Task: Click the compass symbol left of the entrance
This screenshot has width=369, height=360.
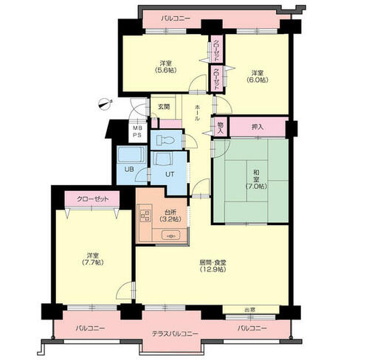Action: coord(106,103)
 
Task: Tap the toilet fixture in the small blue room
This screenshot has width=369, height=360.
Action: coord(165,140)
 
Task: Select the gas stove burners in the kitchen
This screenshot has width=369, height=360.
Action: coord(145,216)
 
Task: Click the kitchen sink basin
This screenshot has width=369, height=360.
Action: coord(170,236)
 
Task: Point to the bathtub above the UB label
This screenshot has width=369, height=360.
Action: coord(131,154)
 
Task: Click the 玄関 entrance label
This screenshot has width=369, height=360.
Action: coord(163,107)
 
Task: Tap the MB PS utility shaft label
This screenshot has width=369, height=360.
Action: coord(137,131)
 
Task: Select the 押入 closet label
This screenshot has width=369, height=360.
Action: coord(258,127)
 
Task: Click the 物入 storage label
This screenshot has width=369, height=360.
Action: coord(221,128)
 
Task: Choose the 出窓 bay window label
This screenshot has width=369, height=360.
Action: coord(249,310)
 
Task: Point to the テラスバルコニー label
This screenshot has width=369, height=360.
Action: coord(175,333)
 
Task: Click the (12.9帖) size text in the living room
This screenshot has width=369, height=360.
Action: coord(213,269)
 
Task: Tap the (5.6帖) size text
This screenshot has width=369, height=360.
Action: coord(165,70)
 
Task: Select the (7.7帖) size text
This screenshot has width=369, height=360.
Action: coord(92,263)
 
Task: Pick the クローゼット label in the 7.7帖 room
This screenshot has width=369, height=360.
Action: coord(92,198)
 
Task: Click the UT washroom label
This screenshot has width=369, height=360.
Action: coord(170,174)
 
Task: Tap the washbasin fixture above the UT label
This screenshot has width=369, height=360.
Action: coord(163,159)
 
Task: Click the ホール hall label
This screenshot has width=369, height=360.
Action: coord(197,113)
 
